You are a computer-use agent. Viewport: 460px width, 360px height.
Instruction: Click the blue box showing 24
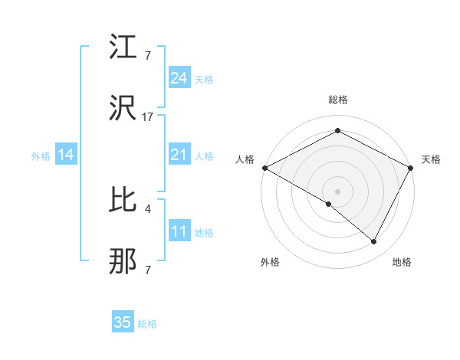[179, 78]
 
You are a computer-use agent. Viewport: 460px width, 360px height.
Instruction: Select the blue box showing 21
[179, 155]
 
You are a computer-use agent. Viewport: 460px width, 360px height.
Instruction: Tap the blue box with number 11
[179, 231]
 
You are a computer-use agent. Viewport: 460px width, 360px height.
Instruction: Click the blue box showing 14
[66, 155]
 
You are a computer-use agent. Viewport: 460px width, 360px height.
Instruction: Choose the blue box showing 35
[123, 322]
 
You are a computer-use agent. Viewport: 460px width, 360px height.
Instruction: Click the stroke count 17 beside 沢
[148, 117]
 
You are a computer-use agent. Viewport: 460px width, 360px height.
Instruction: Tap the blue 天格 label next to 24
[204, 79]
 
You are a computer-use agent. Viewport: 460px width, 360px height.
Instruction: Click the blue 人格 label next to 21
[204, 155]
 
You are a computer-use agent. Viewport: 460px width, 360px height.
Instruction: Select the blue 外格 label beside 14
[41, 155]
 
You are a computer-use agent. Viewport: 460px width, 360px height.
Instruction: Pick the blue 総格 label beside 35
[147, 323]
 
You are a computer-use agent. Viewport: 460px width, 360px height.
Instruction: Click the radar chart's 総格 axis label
[338, 100]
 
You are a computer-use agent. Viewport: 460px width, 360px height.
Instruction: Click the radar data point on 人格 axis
[264, 167]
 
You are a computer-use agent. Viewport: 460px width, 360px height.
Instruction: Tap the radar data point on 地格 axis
[374, 242]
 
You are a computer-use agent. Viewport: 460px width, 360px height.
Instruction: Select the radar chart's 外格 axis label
[270, 262]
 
